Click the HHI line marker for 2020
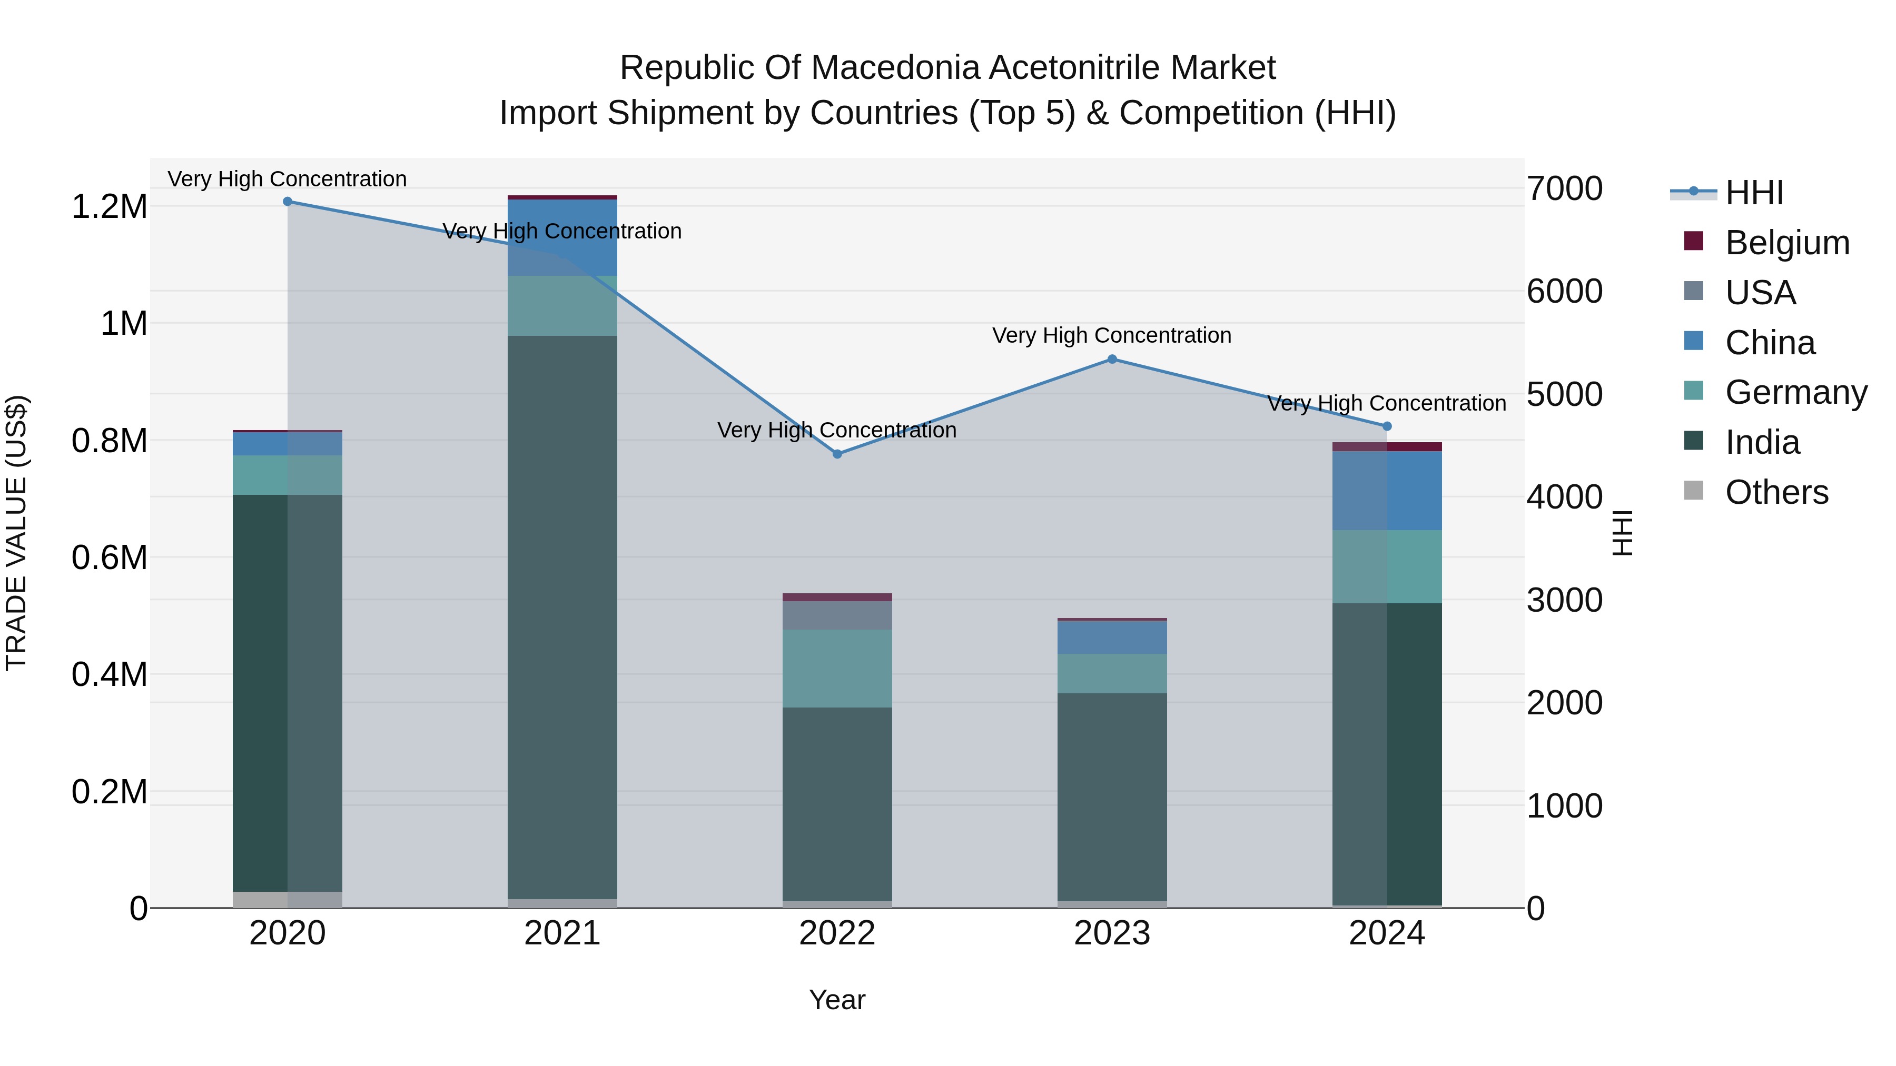tap(288, 202)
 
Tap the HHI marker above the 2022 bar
tap(837, 454)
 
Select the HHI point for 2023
tap(1112, 359)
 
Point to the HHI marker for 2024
tap(1387, 426)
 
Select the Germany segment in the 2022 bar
tap(837, 668)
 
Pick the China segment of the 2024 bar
tap(1387, 490)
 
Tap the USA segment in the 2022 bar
tap(837, 615)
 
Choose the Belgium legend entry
tap(1786, 243)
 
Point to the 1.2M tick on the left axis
tap(109, 207)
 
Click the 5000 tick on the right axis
tap(1564, 394)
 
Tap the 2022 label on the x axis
tap(837, 933)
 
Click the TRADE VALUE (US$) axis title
tap(16, 533)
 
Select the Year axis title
tap(837, 1000)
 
